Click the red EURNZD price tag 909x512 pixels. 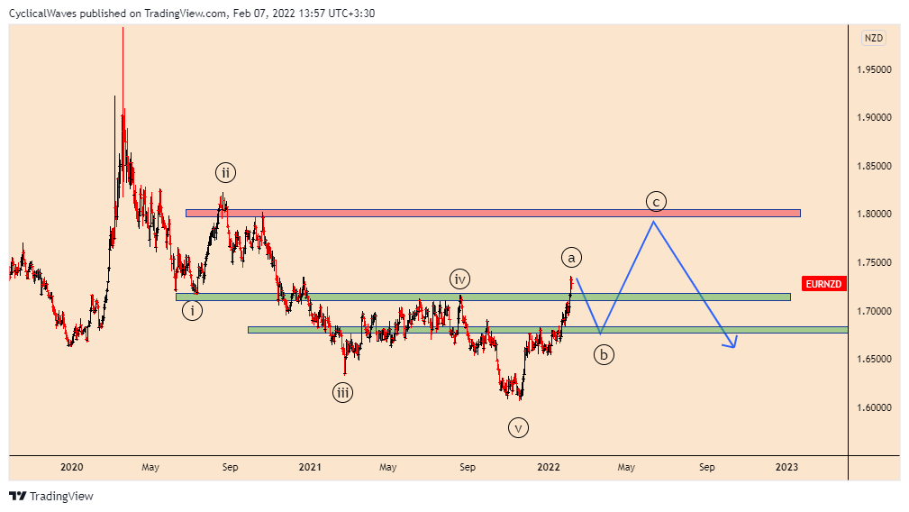click(x=824, y=284)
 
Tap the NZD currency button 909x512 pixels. click(x=874, y=38)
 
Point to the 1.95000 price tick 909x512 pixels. click(x=875, y=69)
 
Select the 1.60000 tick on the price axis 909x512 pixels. click(x=875, y=407)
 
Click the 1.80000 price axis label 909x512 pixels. click(x=875, y=215)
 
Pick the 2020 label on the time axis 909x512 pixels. click(x=72, y=467)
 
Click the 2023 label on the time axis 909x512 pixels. click(x=786, y=467)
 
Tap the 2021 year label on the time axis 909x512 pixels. click(x=310, y=467)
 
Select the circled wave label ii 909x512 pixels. click(x=225, y=172)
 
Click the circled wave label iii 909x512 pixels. click(x=343, y=392)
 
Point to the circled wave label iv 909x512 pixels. click(x=460, y=279)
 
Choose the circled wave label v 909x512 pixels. click(x=518, y=428)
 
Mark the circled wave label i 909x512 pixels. click(x=191, y=311)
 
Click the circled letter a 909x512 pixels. click(x=571, y=257)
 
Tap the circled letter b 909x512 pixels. click(x=604, y=355)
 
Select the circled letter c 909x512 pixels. click(x=656, y=200)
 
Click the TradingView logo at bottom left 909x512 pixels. click(x=51, y=496)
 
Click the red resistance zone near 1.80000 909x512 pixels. click(x=492, y=213)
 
